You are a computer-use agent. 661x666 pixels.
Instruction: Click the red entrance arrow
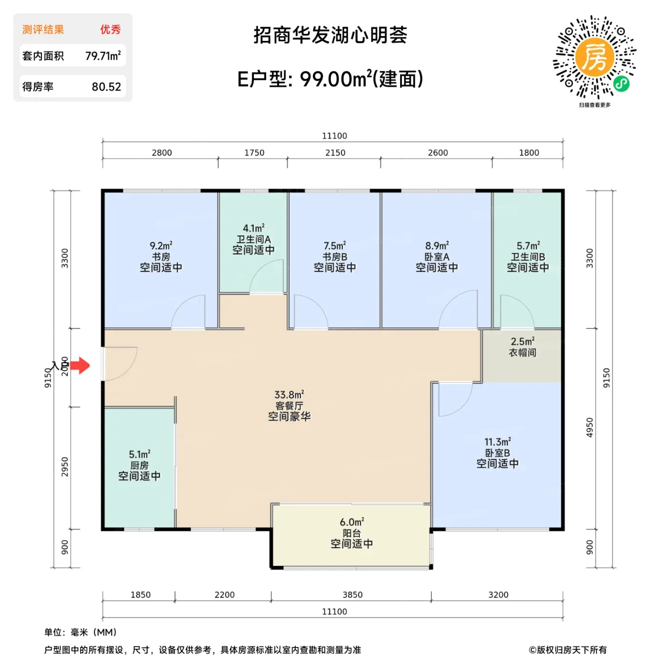(x=80, y=365)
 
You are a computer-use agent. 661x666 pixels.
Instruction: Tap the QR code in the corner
(x=594, y=57)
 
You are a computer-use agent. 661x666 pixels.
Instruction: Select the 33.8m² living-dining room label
(x=290, y=405)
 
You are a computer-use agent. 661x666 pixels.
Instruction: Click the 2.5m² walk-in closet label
(x=522, y=347)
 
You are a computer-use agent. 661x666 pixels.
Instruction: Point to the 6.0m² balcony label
(x=351, y=533)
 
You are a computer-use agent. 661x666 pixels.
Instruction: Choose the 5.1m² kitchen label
(x=140, y=465)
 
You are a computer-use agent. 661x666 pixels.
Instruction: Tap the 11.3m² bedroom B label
(x=497, y=453)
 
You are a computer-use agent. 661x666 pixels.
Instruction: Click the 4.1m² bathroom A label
(x=253, y=239)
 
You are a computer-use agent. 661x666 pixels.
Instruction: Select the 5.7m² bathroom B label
(x=528, y=257)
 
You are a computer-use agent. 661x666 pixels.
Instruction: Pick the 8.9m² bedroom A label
(x=437, y=257)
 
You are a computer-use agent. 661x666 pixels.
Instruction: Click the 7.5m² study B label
(x=335, y=257)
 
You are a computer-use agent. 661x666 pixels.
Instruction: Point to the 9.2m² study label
(x=161, y=257)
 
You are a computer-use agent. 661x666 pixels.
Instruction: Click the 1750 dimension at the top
(x=254, y=153)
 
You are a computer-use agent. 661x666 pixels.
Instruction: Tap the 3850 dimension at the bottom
(x=353, y=595)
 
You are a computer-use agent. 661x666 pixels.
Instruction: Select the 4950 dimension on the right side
(x=590, y=428)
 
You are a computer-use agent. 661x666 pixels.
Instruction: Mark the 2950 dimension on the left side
(x=65, y=467)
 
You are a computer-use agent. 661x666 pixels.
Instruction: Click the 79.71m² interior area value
(x=103, y=56)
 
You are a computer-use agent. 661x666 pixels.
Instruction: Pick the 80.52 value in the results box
(x=107, y=87)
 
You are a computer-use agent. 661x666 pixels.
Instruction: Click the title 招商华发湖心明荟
(x=330, y=35)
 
